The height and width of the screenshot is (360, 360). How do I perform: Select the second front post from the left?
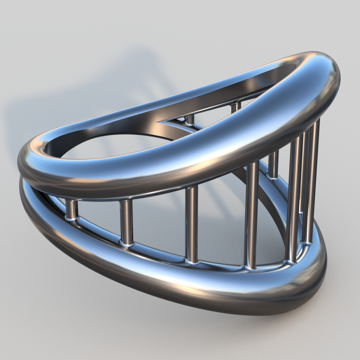[x=126, y=222]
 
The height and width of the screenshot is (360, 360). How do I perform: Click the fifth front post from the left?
[x=294, y=201]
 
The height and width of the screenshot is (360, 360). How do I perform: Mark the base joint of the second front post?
[x=127, y=244]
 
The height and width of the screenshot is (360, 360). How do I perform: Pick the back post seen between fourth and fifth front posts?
[x=273, y=165]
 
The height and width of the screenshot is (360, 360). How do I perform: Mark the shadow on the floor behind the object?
[x=90, y=90]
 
